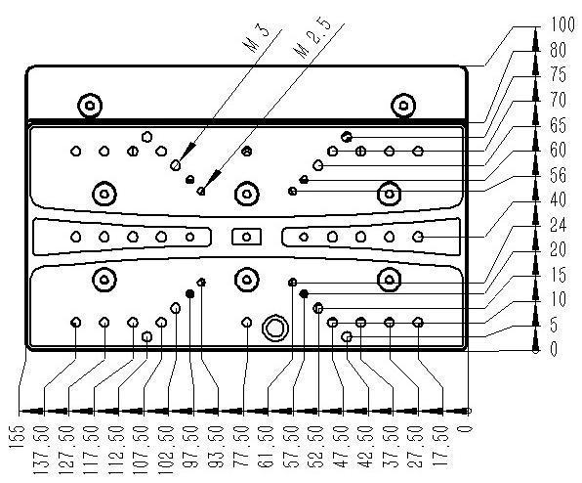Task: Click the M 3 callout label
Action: [257, 39]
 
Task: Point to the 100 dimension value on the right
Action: [561, 24]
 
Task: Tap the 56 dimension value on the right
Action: [558, 175]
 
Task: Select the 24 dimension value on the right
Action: [558, 225]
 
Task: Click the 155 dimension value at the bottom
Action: [19, 437]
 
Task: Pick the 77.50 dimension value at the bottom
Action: [243, 447]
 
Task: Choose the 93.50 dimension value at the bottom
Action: [218, 447]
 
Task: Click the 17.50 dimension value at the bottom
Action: [441, 447]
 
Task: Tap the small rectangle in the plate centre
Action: [246, 237]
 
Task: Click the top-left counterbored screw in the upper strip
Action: [90, 106]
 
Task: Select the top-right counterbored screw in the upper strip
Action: [403, 106]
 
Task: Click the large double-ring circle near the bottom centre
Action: [275, 329]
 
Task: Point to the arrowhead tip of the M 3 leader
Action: [180, 160]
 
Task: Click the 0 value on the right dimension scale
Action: [554, 349]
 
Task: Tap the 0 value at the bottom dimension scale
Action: [468, 429]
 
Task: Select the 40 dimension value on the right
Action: [558, 199]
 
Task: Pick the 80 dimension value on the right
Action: [558, 50]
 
